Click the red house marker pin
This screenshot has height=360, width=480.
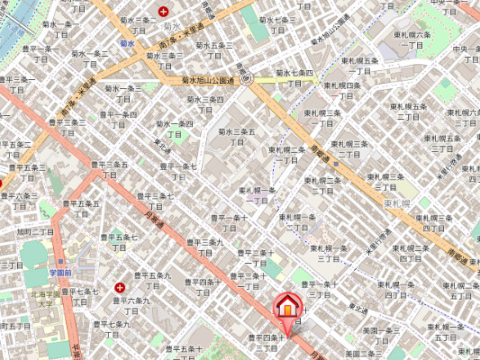[286, 306]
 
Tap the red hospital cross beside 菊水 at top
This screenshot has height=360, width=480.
[163, 11]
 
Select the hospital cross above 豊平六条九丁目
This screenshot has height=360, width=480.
[120, 286]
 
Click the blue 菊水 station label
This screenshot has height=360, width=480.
[126, 42]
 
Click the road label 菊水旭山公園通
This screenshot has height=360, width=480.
[207, 80]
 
